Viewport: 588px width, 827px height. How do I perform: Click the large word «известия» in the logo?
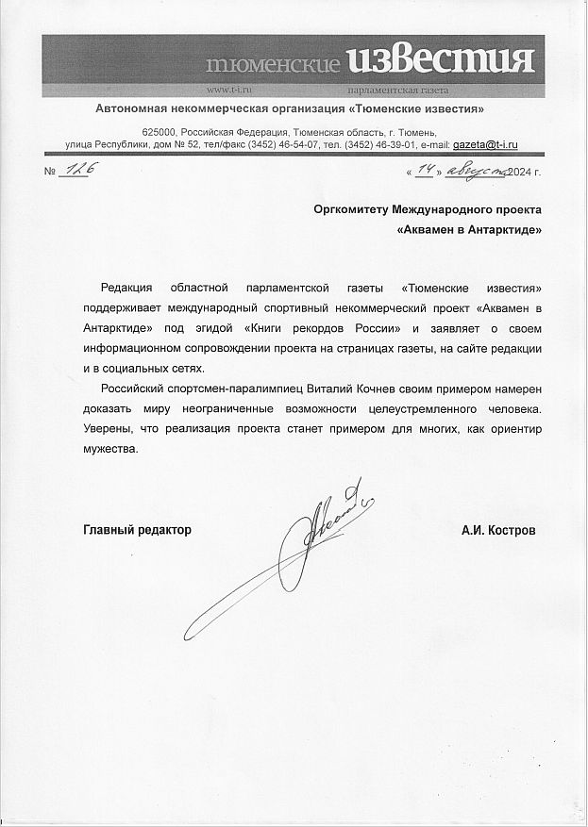pyautogui.click(x=441, y=61)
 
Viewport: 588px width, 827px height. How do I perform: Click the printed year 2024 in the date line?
pyautogui.click(x=522, y=172)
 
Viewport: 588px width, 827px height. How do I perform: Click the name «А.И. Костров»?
pyautogui.click(x=498, y=530)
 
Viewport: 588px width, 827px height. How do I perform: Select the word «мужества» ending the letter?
pyautogui.click(x=110, y=449)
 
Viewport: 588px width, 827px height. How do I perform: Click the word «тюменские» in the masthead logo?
pyautogui.click(x=273, y=65)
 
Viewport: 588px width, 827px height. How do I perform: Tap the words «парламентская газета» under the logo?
pyautogui.click(x=398, y=91)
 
